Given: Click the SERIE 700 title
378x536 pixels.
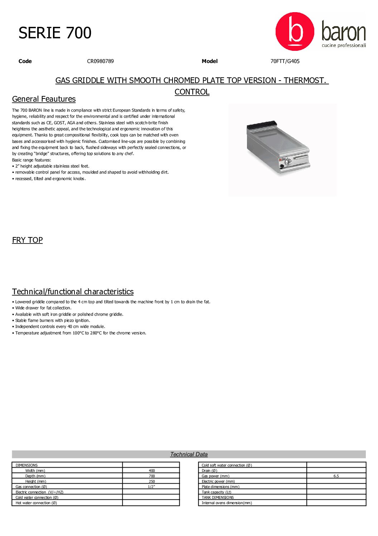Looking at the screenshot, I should coord(55,33).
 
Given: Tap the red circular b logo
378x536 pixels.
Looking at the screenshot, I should coord(295,32).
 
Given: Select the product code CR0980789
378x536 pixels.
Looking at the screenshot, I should coord(100,61).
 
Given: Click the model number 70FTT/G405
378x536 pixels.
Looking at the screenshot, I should coord(285,61).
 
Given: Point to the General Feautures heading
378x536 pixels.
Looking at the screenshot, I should coord(44,99).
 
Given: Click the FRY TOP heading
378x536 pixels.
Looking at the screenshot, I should coord(27,240).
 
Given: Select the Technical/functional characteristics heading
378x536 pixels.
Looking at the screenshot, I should coord(73,291).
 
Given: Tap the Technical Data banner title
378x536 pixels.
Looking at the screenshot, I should coord(189,454).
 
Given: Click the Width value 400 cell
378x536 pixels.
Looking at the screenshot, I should coord(152,470).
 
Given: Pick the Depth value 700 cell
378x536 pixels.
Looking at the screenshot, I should coord(152,476).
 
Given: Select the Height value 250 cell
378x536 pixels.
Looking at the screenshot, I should coord(152,481).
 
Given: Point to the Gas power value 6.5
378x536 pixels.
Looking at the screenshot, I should coord(336,476).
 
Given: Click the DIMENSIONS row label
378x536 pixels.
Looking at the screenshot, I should coord(26,465).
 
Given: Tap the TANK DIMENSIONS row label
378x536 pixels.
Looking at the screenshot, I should coord(218,497).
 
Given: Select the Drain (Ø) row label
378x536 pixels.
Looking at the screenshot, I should coord(209,470).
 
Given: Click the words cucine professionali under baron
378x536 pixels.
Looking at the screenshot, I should coord(344,45).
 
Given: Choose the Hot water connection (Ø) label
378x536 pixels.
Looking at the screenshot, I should coord(36,503).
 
